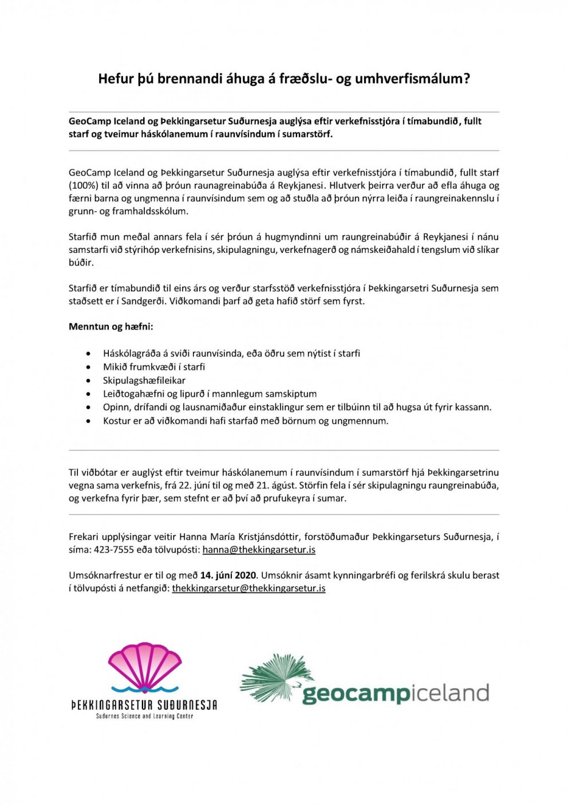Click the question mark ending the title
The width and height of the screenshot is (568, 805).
(466, 79)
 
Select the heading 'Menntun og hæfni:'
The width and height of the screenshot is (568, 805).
(111, 327)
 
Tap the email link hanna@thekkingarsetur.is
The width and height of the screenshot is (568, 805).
(259, 550)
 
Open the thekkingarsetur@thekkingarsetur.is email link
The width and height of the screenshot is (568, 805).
(249, 588)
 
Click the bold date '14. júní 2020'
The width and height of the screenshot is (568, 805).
(228, 575)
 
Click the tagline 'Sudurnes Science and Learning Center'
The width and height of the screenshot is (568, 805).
(144, 716)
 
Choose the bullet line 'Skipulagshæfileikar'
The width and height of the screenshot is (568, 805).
(144, 380)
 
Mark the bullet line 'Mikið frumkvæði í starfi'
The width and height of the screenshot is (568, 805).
(154, 367)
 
